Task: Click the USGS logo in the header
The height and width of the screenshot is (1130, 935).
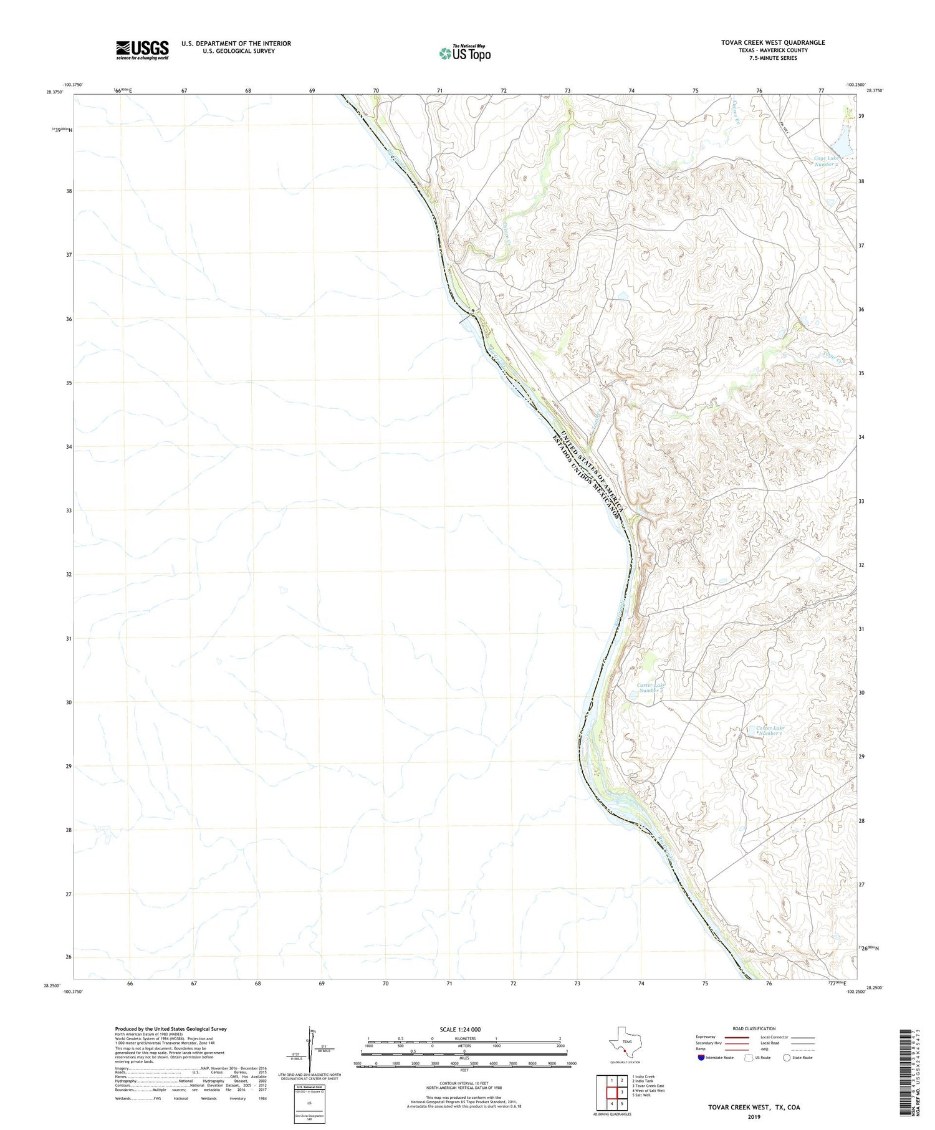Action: (142, 50)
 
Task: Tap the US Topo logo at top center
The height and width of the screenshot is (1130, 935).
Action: (464, 53)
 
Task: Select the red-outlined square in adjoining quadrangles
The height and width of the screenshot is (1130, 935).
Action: (621, 1092)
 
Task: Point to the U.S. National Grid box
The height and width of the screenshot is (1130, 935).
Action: (309, 1103)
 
